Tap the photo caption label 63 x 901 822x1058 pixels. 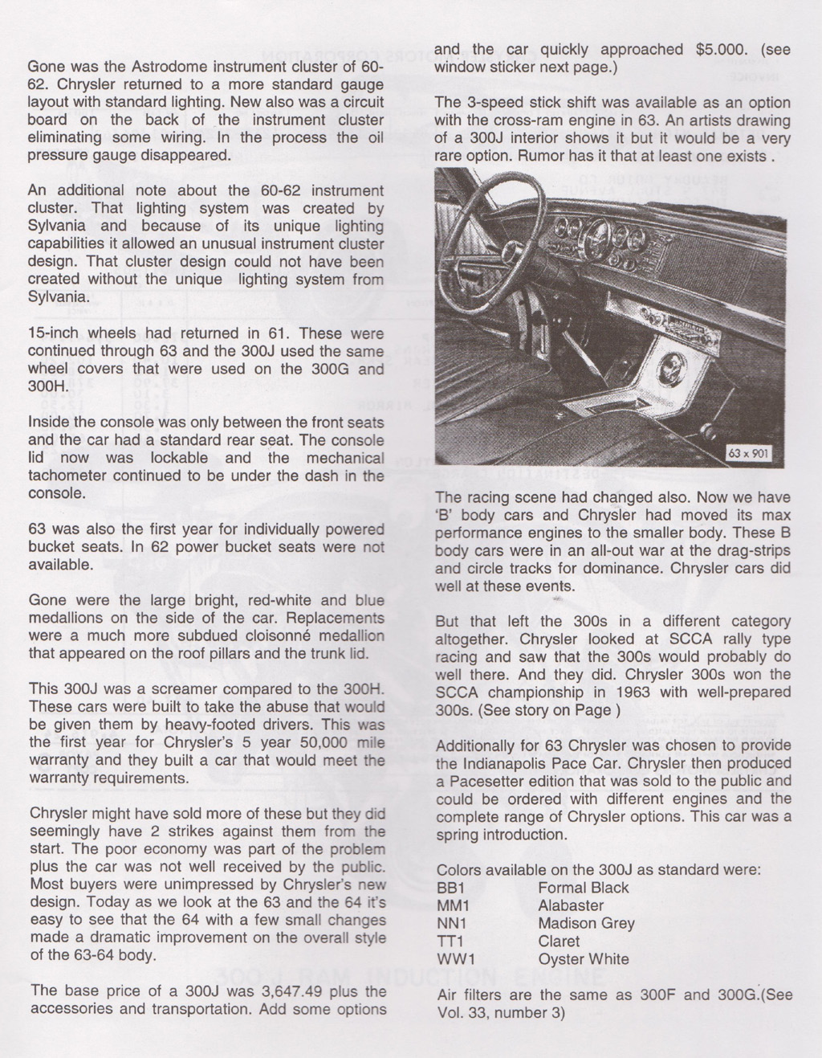click(748, 454)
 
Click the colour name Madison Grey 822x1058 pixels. click(586, 923)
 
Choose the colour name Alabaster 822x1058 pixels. click(571, 905)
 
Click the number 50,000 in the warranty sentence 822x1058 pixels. click(310, 741)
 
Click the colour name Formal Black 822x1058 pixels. click(584, 888)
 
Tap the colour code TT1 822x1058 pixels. click(453, 941)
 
